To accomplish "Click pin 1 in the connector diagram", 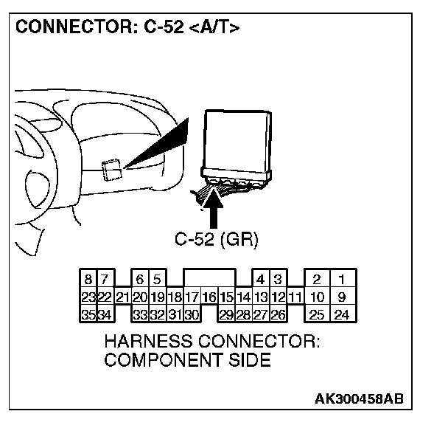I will coord(342,280).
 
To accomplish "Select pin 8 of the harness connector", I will coord(88,280).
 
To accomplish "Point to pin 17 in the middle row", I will coord(192,297).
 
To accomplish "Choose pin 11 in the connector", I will coord(295,297).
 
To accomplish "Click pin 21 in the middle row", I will coord(122,297).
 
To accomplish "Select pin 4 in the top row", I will coord(260,280).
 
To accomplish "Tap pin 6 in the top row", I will coord(139,280).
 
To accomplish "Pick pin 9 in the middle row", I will coord(342,297).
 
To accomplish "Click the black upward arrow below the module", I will coord(215,210).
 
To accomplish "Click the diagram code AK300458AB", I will coord(359,399).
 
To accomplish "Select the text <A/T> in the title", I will coord(213,28).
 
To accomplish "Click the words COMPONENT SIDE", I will coord(188,361).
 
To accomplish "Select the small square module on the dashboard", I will coord(111,170).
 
